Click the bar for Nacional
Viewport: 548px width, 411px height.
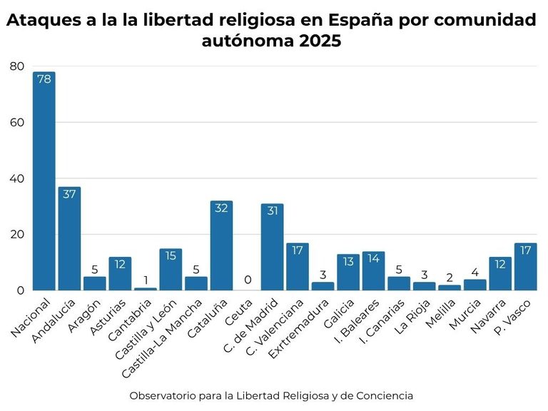[44, 181]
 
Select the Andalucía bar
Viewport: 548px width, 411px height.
[69, 239]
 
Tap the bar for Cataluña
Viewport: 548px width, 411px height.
[221, 245]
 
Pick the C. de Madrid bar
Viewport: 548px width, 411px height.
[273, 247]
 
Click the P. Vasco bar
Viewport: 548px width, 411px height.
[526, 267]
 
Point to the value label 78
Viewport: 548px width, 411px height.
[44, 79]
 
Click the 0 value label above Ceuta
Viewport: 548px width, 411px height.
[248, 280]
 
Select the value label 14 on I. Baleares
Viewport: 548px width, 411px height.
[373, 258]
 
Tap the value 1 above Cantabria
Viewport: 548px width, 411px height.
[146, 280]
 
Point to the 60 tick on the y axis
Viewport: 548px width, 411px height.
[17, 122]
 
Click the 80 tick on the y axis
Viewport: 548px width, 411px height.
[17, 66]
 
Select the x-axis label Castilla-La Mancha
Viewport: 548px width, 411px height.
[162, 338]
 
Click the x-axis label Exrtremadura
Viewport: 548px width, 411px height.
[298, 329]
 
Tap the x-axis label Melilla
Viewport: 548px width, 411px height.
[441, 313]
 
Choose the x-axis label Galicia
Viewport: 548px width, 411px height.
[339, 314]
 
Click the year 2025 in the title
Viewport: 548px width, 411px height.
[320, 41]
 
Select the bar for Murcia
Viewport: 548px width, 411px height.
[475, 285]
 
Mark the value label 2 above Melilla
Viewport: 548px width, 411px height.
[450, 278]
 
